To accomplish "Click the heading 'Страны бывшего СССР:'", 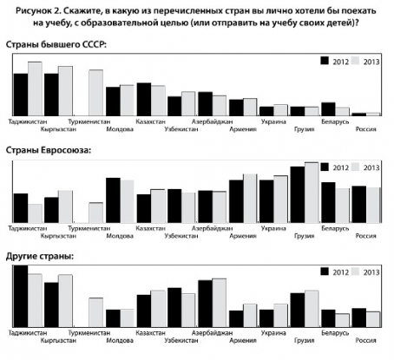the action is pyautogui.click(x=56, y=45).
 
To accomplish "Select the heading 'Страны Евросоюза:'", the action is pyautogui.click(x=49, y=150).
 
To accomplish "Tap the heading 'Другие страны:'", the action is pyautogui.click(x=40, y=257).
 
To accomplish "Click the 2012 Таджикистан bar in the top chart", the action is pyautogui.click(x=21, y=95).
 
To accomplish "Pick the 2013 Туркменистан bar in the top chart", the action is pyautogui.click(x=95, y=93).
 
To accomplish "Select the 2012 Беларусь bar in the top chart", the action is pyautogui.click(x=328, y=109).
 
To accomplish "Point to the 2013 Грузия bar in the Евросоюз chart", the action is pyautogui.click(x=312, y=193).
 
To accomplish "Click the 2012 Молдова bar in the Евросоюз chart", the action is pyautogui.click(x=113, y=200).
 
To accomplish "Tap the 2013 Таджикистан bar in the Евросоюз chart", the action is pyautogui.click(x=35, y=213).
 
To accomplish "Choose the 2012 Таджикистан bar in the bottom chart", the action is pyautogui.click(x=21, y=296).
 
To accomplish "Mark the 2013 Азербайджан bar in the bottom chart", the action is pyautogui.click(x=220, y=303).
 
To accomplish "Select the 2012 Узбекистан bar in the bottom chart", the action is pyautogui.click(x=174, y=308).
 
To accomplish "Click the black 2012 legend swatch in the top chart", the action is pyautogui.click(x=325, y=61).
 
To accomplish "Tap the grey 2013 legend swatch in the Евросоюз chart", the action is pyautogui.click(x=355, y=167).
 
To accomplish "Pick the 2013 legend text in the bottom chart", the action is pyautogui.click(x=371, y=272).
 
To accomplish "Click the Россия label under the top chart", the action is pyautogui.click(x=365, y=129).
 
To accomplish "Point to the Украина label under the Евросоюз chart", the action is pyautogui.click(x=273, y=228).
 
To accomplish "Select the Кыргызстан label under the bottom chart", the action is pyautogui.click(x=58, y=341).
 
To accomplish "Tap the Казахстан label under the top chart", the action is pyautogui.click(x=150, y=121).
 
